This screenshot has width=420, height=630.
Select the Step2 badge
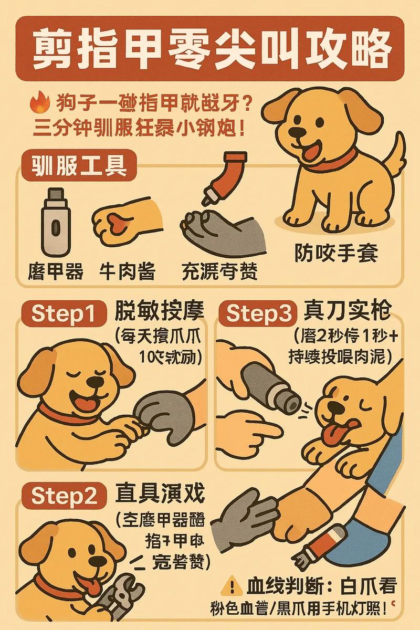click(65, 495)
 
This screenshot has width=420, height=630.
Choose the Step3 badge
click(259, 313)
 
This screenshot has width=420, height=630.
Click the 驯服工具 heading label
click(78, 166)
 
